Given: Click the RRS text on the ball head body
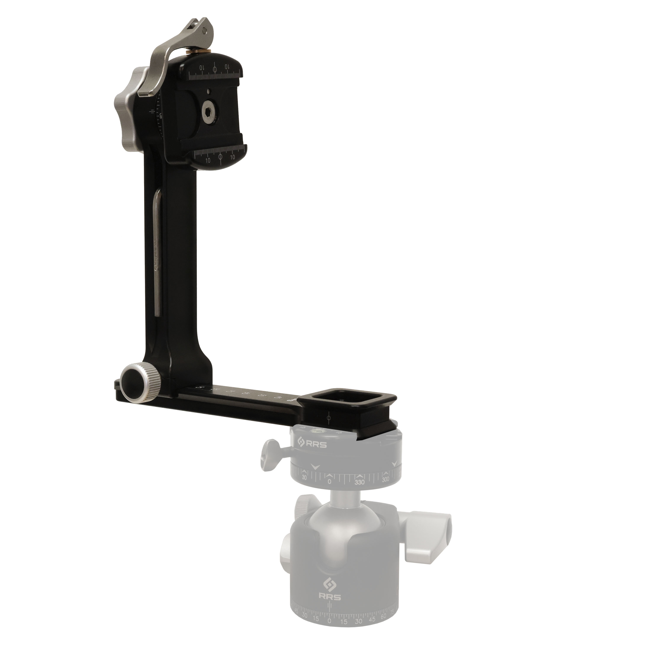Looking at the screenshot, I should pyautogui.click(x=330, y=597).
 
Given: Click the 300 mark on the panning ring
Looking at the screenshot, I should pyautogui.click(x=386, y=479).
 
